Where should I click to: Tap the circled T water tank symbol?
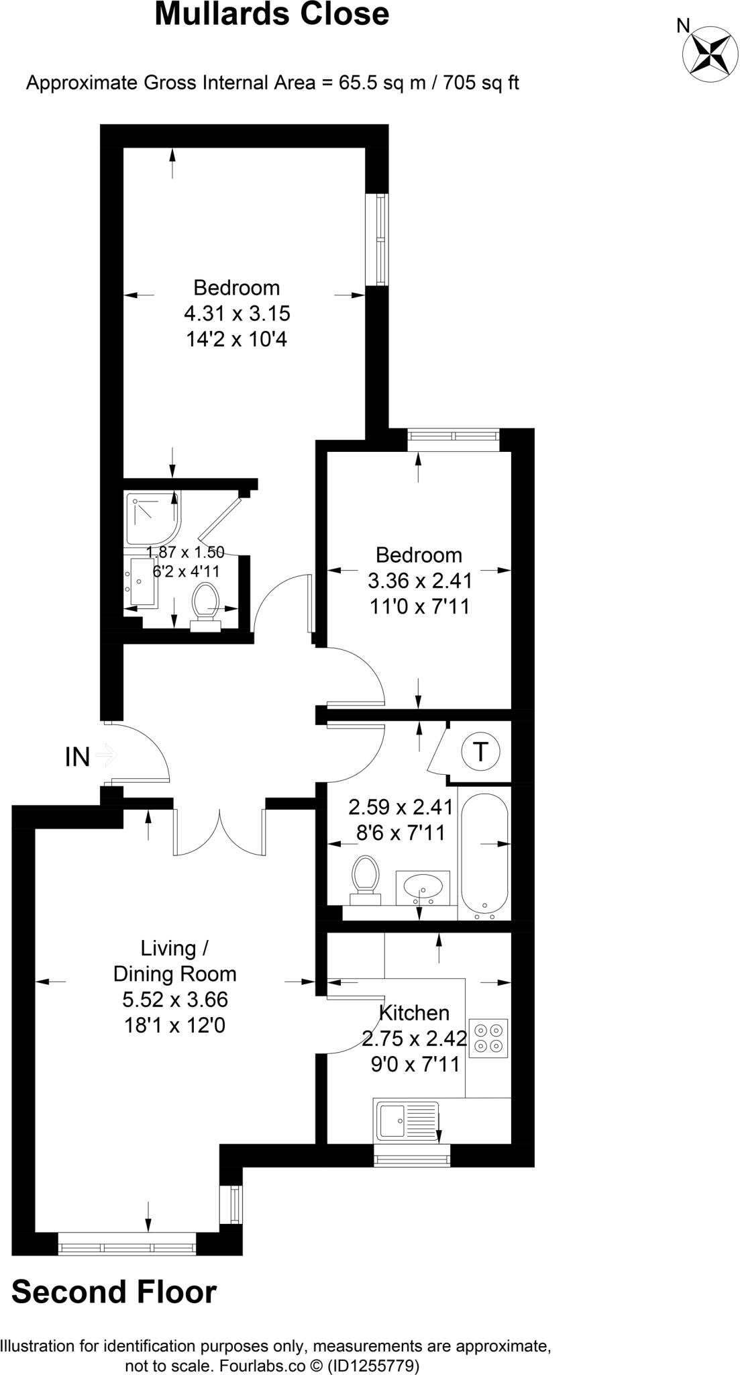[x=480, y=751]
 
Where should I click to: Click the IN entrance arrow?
[x=106, y=756]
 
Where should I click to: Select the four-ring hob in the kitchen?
[x=488, y=1038]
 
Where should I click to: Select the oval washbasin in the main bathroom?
[x=423, y=888]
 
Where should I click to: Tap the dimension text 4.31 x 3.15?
[x=237, y=314]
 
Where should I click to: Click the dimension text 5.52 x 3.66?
[x=175, y=1000]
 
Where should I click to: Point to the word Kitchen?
[x=414, y=1012]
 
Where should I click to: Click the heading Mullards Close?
[x=272, y=15]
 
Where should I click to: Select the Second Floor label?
[x=114, y=1292]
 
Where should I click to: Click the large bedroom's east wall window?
[x=381, y=240]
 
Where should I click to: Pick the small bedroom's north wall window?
[x=454, y=439]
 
